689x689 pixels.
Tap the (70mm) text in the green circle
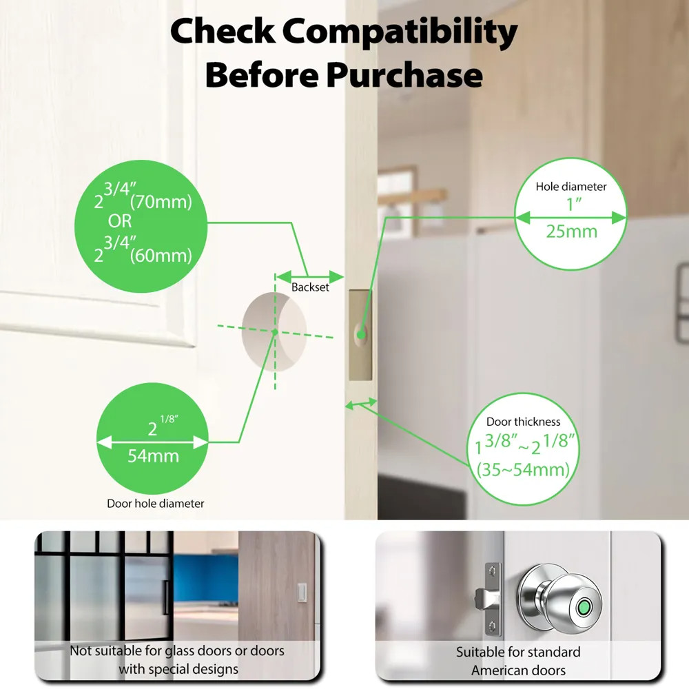coord(161,203)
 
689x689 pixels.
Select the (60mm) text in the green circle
coord(161,256)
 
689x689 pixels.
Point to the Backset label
coord(310,287)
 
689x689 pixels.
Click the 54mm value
coord(153,455)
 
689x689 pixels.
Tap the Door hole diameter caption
coord(155,504)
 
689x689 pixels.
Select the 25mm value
coord(571,232)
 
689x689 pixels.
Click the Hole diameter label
coord(571,187)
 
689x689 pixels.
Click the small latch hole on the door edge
coord(361,335)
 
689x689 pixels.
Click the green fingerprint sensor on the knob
coord(584,608)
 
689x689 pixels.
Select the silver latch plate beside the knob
coord(492,598)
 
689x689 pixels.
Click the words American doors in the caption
coord(518,670)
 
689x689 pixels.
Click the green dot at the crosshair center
coord(274,332)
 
